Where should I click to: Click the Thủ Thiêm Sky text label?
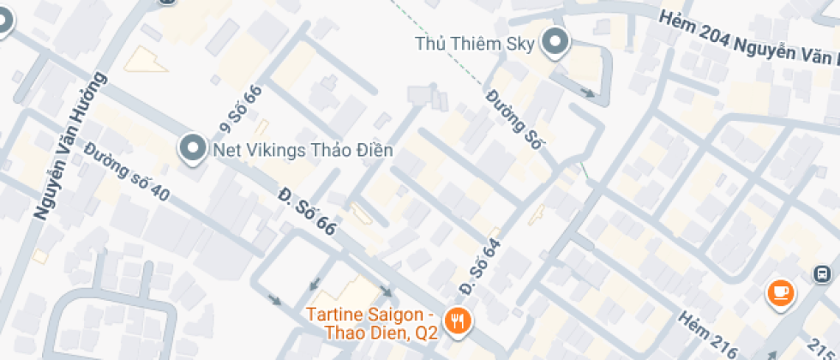click(475, 44)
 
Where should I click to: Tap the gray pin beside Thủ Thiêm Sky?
click(557, 42)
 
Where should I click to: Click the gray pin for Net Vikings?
click(192, 149)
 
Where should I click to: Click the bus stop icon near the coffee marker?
click(821, 274)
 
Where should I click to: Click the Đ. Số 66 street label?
click(306, 213)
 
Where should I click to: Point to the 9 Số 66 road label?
click(239, 111)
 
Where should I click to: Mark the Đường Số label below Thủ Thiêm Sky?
click(515, 120)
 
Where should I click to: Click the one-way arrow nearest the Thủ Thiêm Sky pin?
click(587, 92)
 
